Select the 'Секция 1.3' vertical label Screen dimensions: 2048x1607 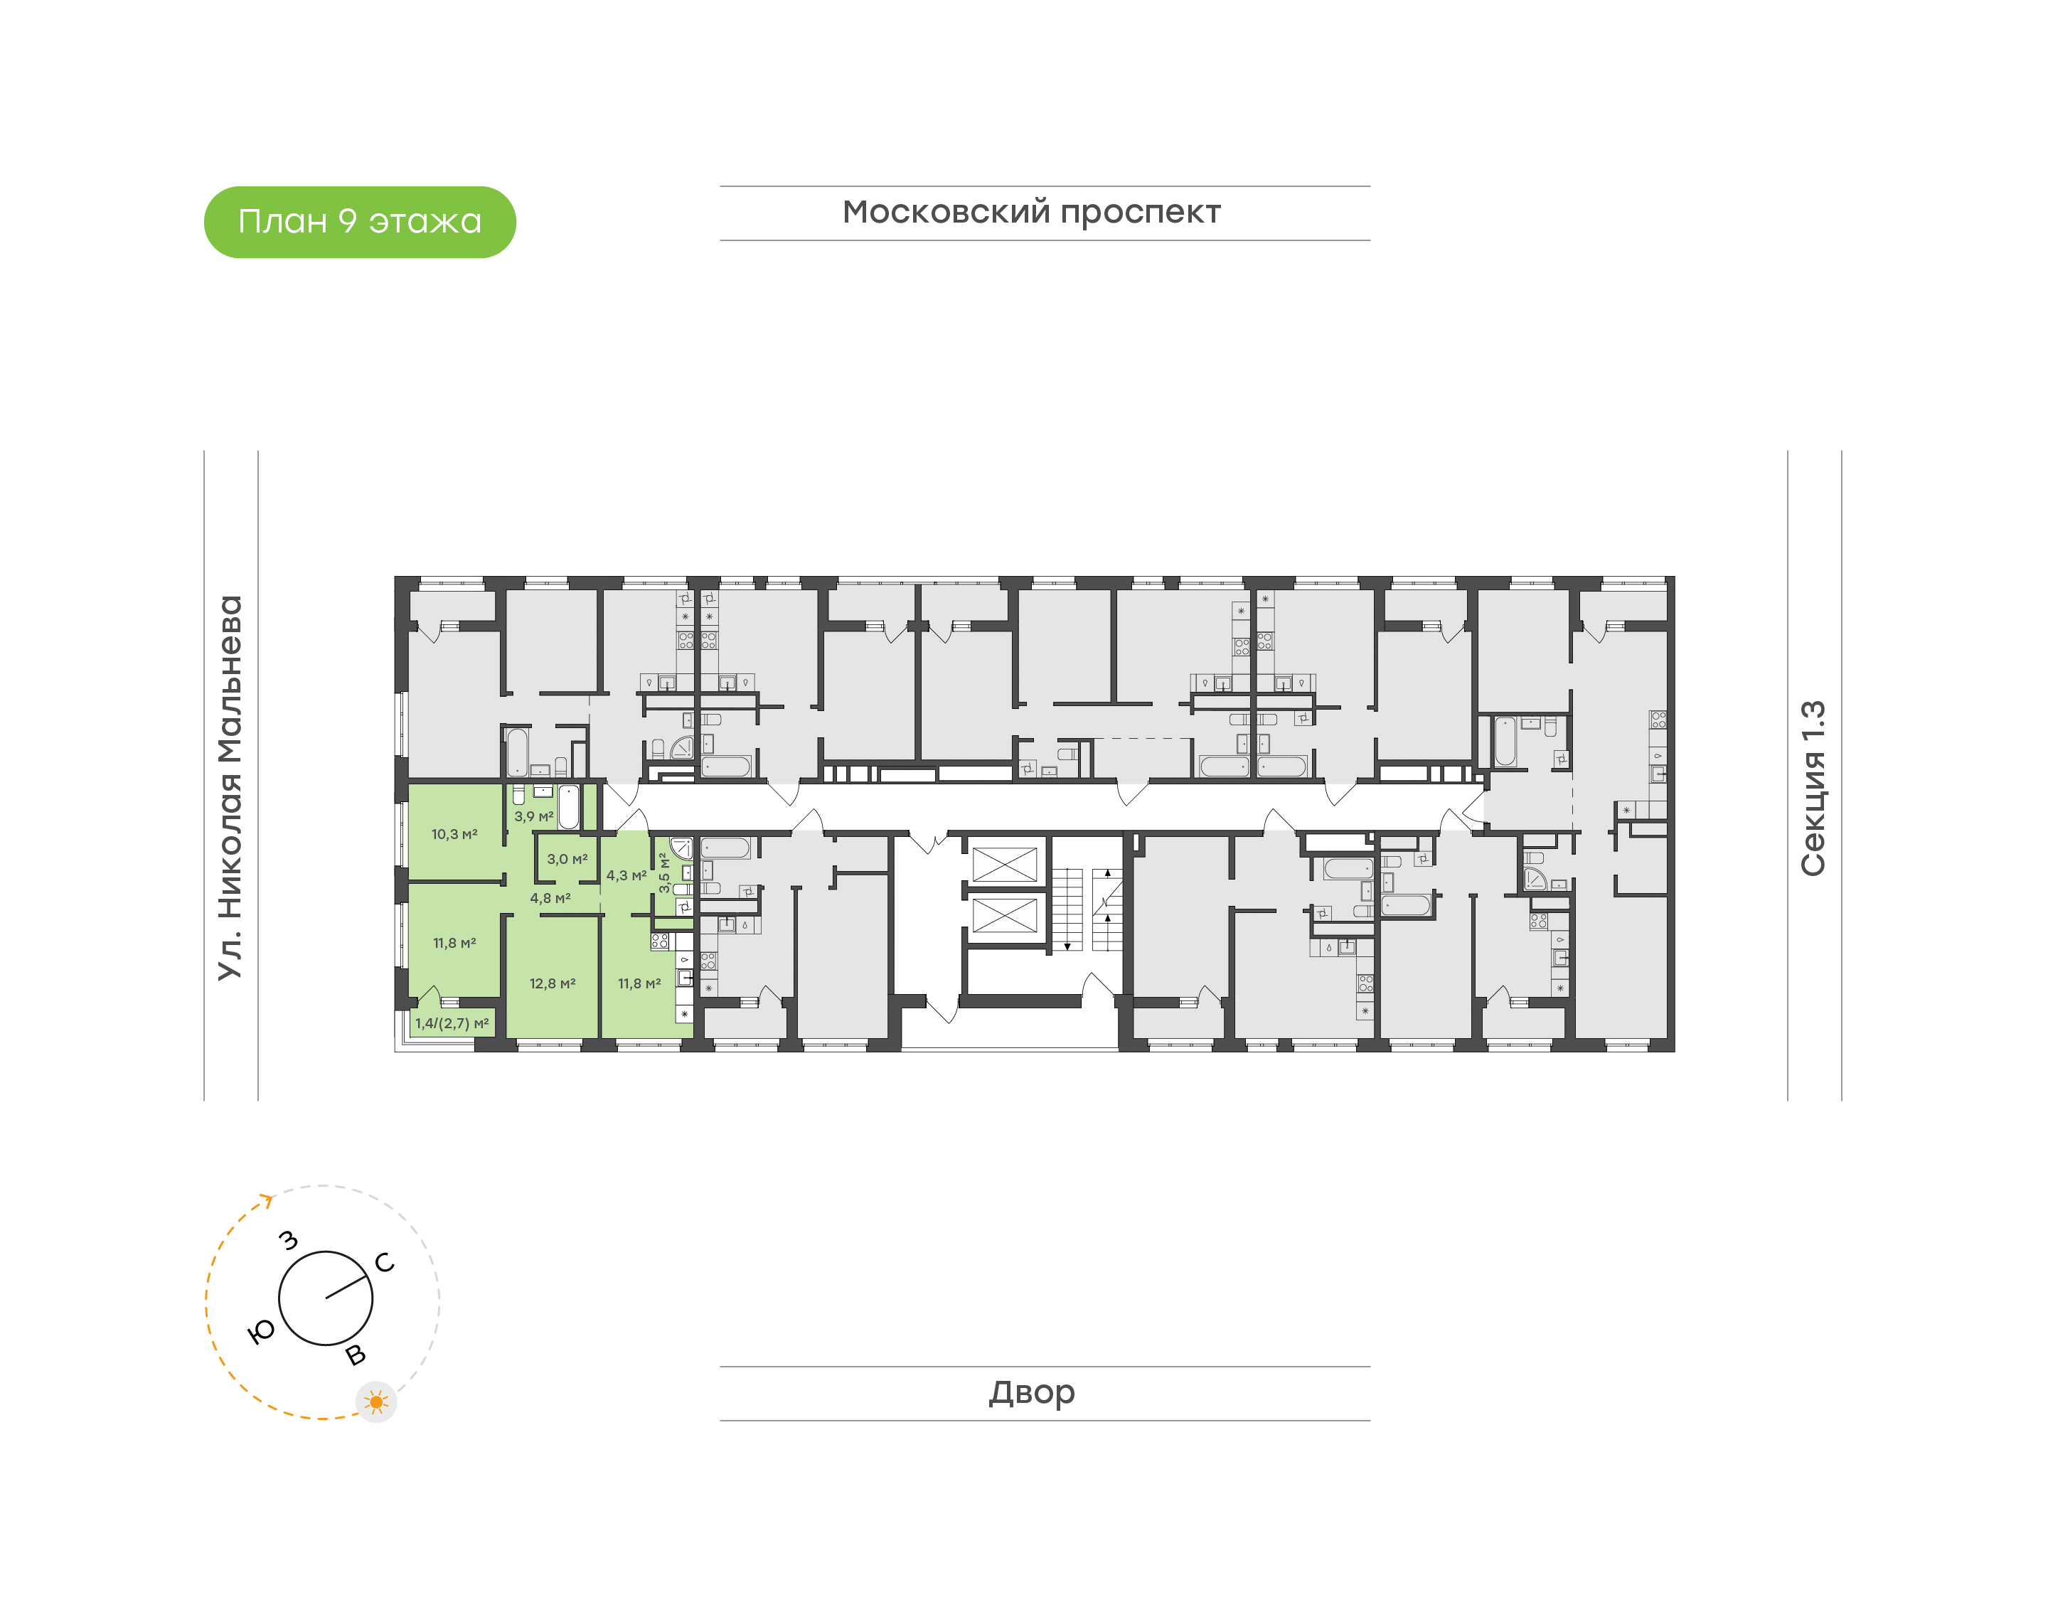point(1813,788)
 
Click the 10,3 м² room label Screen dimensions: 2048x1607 point(454,835)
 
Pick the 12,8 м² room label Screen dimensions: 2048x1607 point(553,984)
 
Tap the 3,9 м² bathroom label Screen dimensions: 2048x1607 point(533,817)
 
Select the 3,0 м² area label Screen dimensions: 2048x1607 point(567,859)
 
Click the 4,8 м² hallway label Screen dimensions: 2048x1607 point(550,899)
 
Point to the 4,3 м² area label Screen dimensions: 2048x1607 point(626,875)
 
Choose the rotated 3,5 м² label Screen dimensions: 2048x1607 point(664,873)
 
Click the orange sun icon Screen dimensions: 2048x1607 point(376,1403)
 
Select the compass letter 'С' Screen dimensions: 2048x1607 point(385,1263)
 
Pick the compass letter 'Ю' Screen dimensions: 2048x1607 point(262,1330)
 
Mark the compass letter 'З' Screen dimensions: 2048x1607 point(289,1241)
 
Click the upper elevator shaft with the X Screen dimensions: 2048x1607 point(1004,865)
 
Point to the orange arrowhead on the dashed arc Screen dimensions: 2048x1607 point(267,1200)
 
